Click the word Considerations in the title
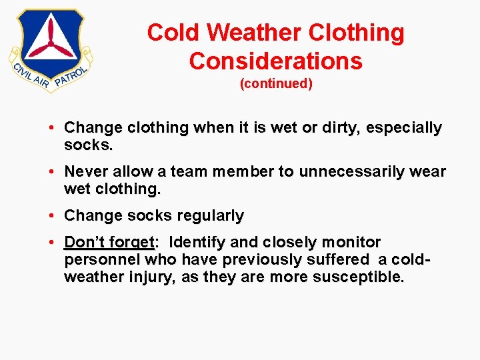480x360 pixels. click(275, 61)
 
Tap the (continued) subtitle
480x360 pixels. click(275, 85)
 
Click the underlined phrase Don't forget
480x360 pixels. click(109, 242)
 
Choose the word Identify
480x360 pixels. click(197, 242)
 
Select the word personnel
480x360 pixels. click(102, 259)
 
